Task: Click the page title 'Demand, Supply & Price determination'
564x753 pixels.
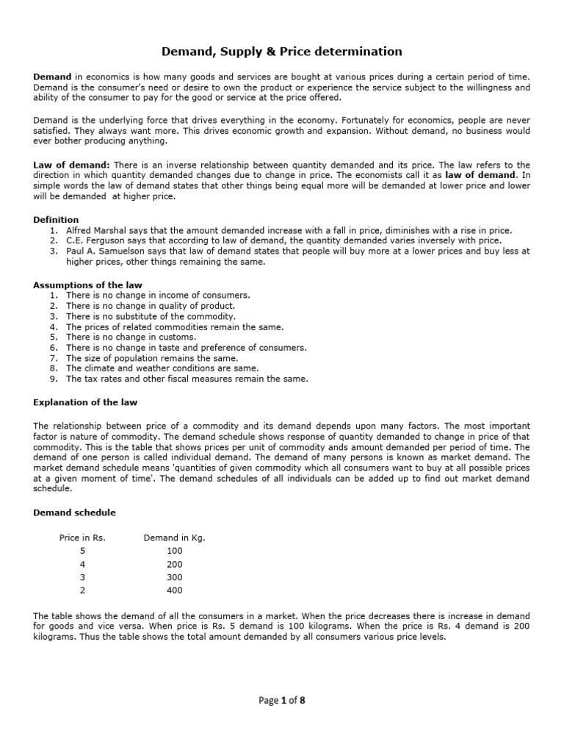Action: (x=282, y=51)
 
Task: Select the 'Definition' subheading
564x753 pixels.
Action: (x=56, y=220)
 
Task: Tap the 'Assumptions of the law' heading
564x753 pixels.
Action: (x=88, y=285)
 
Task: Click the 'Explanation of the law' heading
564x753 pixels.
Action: (x=85, y=402)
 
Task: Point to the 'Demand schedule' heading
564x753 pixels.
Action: (x=74, y=512)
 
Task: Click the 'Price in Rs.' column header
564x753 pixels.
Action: (x=82, y=538)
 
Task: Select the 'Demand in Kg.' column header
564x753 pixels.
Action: (x=174, y=538)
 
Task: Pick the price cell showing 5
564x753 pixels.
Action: (x=82, y=551)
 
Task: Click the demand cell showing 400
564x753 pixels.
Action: (x=174, y=590)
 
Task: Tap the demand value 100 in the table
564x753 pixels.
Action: (x=174, y=551)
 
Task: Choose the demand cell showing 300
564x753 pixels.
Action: (x=174, y=577)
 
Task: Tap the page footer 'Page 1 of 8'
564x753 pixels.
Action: (x=282, y=700)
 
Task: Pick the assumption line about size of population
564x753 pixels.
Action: (x=147, y=358)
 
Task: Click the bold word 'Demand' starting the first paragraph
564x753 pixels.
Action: (x=52, y=77)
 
